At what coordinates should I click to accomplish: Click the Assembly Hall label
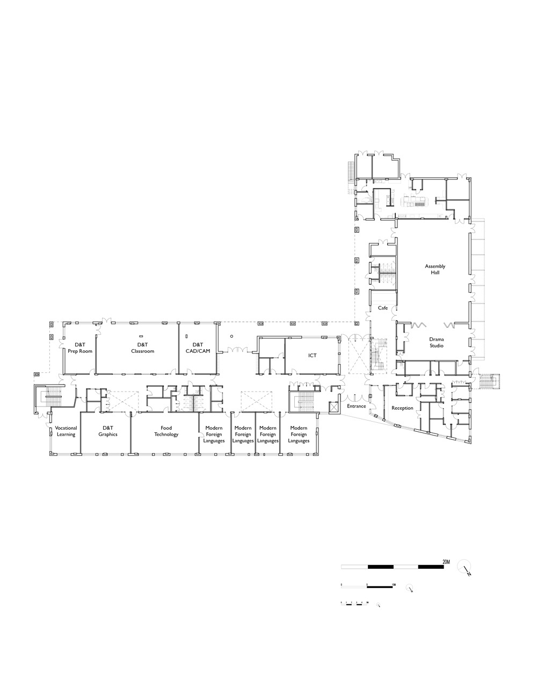[435, 270]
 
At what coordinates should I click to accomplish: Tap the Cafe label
[383, 308]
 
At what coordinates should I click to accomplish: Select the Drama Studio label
[436, 342]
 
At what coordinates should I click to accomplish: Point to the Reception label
[402, 408]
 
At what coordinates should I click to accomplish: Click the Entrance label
[356, 406]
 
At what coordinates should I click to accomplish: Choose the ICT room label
[312, 355]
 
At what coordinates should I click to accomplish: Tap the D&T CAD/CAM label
[198, 347]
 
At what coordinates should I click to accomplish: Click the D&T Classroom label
[142, 347]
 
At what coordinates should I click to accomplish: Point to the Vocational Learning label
[66, 431]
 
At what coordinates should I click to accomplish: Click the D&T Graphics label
[107, 431]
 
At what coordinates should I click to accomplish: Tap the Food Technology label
[166, 431]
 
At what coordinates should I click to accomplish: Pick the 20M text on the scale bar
[446, 561]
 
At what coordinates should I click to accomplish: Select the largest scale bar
[395, 567]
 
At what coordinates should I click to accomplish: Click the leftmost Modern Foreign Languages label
[214, 434]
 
